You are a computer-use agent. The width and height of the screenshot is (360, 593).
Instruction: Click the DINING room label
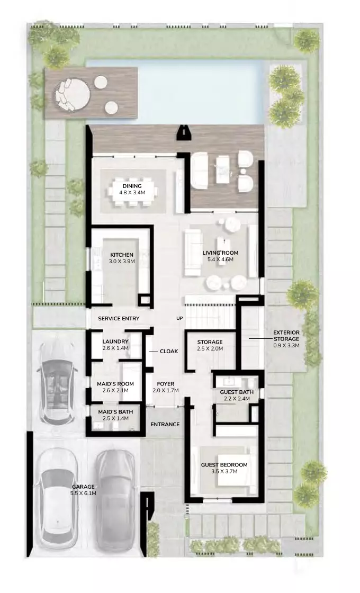tap(132, 186)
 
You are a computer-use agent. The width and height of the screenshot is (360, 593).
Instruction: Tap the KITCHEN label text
tap(122, 255)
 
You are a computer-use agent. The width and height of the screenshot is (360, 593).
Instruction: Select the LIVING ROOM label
tap(220, 253)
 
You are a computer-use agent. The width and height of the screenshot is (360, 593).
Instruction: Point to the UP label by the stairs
tap(179, 318)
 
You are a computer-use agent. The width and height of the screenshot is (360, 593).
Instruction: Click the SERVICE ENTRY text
tap(119, 318)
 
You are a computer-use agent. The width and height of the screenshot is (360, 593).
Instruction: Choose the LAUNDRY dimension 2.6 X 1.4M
tap(115, 348)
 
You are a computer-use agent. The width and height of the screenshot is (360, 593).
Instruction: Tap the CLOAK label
tap(169, 352)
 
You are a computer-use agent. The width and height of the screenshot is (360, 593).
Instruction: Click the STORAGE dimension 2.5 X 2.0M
tap(210, 349)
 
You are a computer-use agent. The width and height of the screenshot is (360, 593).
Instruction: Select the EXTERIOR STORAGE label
tap(286, 336)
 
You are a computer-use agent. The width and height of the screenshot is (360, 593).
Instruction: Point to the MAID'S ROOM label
tap(115, 384)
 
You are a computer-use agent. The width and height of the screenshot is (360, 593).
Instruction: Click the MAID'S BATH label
tap(115, 412)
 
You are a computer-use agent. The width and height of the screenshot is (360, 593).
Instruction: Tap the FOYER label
tap(166, 384)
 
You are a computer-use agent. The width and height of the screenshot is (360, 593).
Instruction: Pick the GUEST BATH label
tap(237, 392)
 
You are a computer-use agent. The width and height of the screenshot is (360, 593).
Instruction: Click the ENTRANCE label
tap(165, 424)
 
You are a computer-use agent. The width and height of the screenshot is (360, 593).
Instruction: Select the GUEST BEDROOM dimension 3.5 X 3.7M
tap(224, 472)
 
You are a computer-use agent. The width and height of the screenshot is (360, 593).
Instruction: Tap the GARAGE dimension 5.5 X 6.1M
tap(83, 493)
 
